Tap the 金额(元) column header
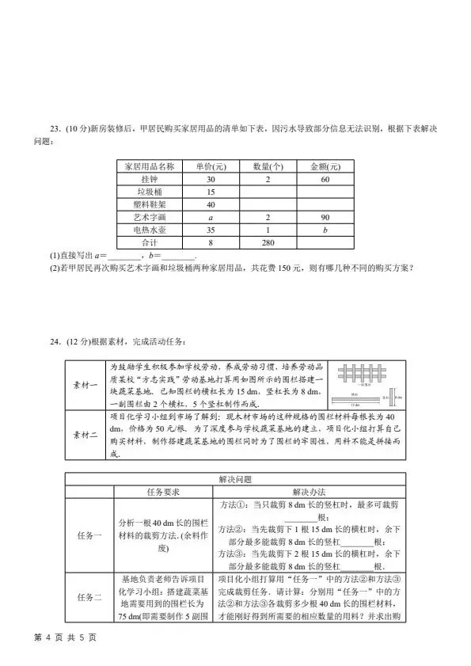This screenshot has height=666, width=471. click(x=325, y=167)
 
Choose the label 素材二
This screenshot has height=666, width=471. click(x=85, y=433)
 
